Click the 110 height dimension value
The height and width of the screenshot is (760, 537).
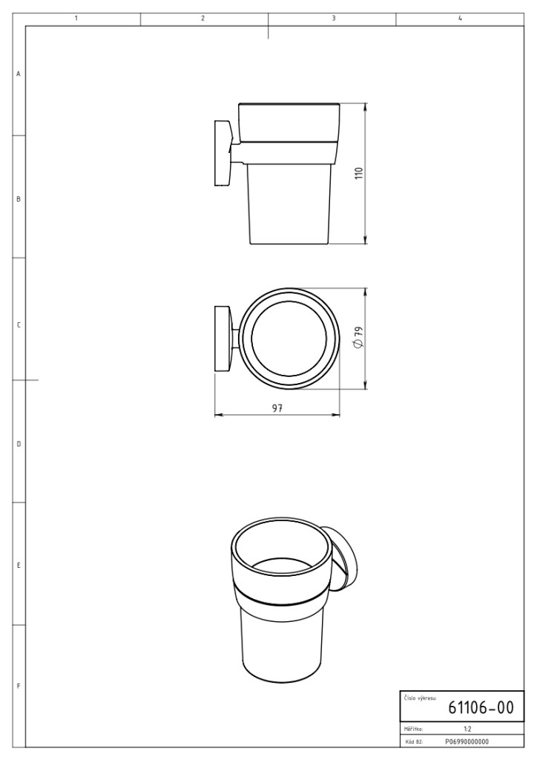[x=359, y=174]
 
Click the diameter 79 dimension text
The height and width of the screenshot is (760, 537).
[x=358, y=338]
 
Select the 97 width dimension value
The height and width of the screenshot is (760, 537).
[x=277, y=407]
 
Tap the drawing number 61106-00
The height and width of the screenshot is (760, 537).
[x=481, y=707]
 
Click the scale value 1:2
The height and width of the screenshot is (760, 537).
[x=467, y=729]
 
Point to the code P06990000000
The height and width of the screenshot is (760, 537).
[x=467, y=741]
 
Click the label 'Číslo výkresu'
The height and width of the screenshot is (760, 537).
[x=420, y=698]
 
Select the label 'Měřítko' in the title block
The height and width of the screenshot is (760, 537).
[x=414, y=729]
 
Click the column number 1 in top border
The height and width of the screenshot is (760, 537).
[x=76, y=19]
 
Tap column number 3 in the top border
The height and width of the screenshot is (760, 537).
[x=334, y=19]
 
